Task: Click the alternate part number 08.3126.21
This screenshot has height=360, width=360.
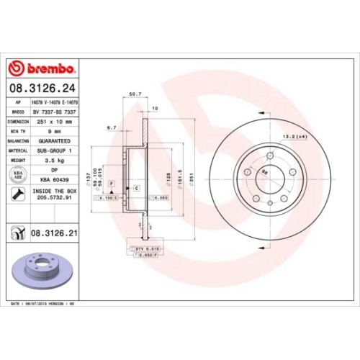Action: tap(55, 233)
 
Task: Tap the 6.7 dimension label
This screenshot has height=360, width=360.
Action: tap(112, 127)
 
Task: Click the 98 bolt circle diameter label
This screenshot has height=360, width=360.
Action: tap(265, 171)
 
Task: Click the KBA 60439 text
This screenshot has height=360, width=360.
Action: tap(55, 179)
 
